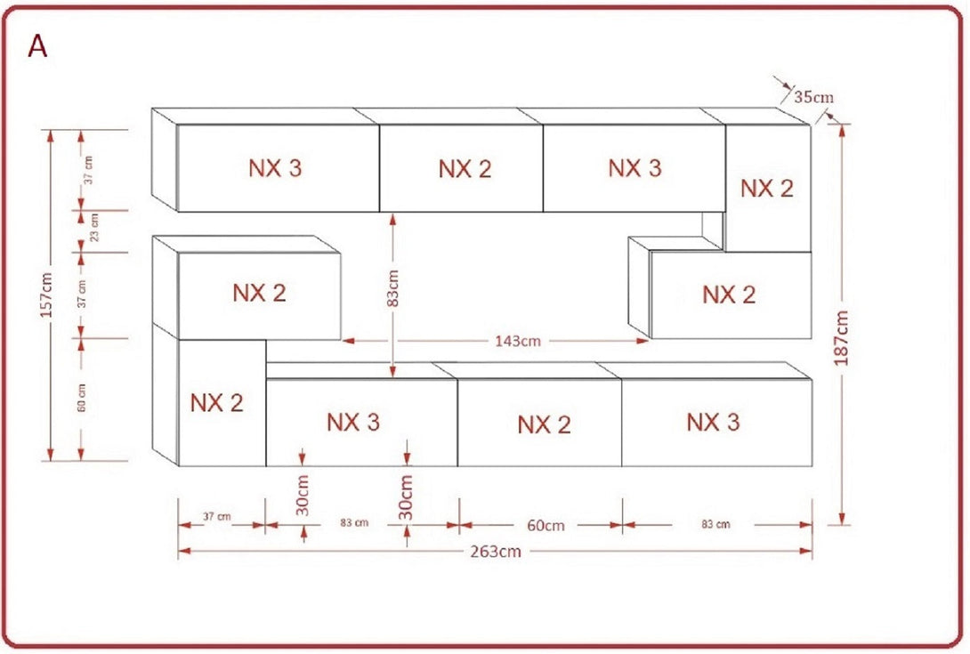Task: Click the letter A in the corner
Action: click(x=37, y=46)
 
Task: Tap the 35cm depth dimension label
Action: click(x=813, y=97)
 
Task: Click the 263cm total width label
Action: click(x=496, y=552)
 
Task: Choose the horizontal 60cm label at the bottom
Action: click(x=546, y=525)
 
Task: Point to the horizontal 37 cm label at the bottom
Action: click(x=217, y=517)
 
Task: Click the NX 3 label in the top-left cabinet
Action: click(x=275, y=168)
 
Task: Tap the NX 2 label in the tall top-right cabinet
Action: click(x=767, y=189)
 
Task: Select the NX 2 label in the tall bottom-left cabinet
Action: click(x=216, y=403)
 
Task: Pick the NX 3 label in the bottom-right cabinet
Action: click(x=713, y=422)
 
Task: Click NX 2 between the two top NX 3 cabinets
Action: click(x=465, y=169)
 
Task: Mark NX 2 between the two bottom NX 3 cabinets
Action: click(x=544, y=425)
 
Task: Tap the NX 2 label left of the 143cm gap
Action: click(x=260, y=293)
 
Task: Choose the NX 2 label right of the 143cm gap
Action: click(x=729, y=295)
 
